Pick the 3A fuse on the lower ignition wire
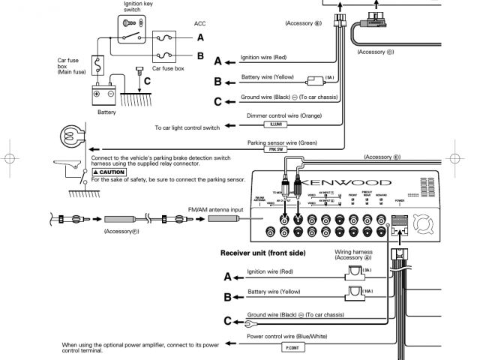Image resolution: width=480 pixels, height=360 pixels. pyautogui.click(x=354, y=270)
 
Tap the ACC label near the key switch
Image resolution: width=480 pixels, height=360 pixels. pyautogui.click(x=199, y=24)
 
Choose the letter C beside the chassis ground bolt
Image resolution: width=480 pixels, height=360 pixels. pyautogui.click(x=148, y=80)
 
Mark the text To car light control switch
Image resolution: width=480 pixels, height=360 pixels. pyautogui.click(x=186, y=127)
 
